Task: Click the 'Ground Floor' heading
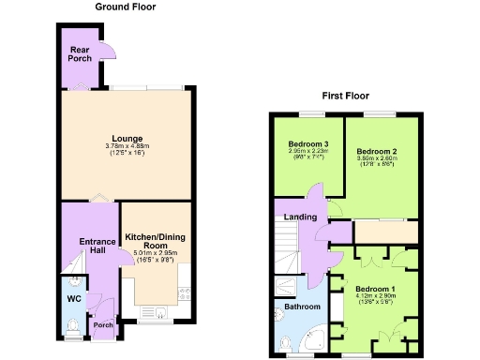click(x=126, y=7)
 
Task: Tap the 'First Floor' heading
click(x=345, y=96)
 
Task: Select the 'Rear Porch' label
click(x=80, y=53)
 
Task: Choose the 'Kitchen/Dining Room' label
click(x=156, y=241)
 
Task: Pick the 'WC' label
click(x=74, y=299)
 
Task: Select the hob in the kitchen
click(x=185, y=291)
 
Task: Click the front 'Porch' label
click(x=102, y=326)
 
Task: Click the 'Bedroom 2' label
click(x=377, y=150)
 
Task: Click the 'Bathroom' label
click(x=301, y=307)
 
